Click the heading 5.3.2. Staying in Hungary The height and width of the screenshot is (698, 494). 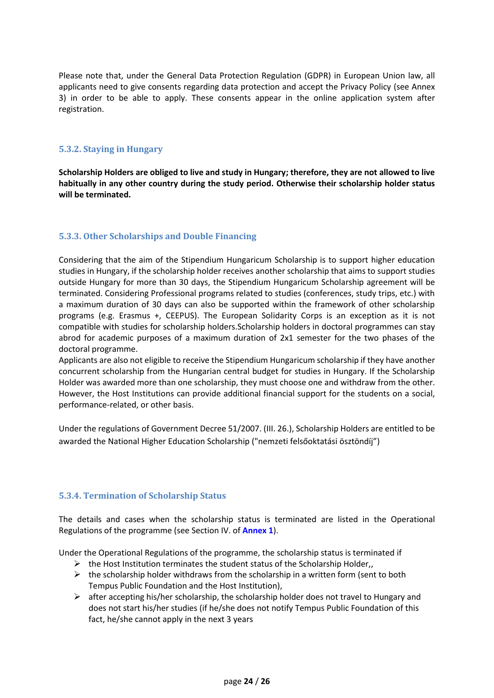tap(111, 149)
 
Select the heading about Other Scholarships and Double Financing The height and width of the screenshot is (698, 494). tap(158, 236)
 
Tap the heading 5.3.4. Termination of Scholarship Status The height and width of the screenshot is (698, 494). tap(143, 496)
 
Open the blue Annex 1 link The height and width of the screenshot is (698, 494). tap(258, 530)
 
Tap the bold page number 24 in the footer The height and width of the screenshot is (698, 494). tap(248, 681)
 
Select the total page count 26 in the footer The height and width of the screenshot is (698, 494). tap(265, 681)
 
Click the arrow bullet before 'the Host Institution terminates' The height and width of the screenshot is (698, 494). tap(77, 563)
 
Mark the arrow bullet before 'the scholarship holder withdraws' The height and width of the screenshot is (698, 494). tap(77, 574)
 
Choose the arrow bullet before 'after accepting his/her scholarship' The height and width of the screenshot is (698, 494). tap(77, 597)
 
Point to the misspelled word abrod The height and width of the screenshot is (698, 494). tap(69, 338)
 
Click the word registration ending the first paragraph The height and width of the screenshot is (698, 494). tap(81, 109)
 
